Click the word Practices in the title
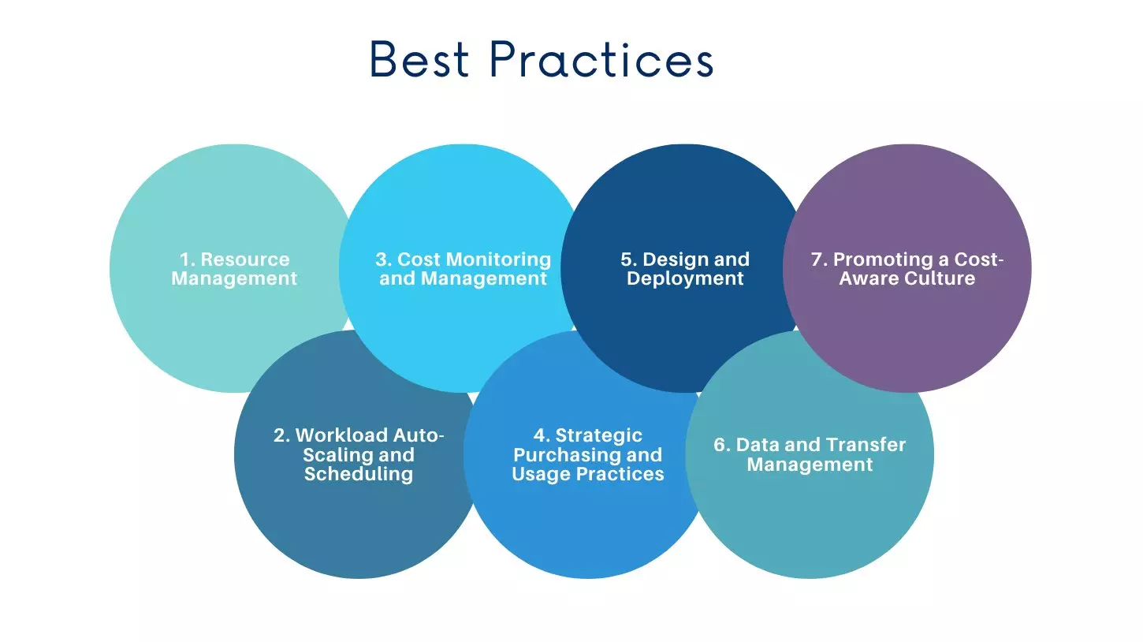(x=601, y=60)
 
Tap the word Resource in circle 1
(x=245, y=259)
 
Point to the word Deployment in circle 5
(x=685, y=278)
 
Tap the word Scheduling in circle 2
(x=359, y=474)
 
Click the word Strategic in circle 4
(x=598, y=435)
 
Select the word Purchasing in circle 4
(x=566, y=455)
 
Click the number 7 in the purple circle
(x=817, y=259)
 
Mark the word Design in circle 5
(x=669, y=259)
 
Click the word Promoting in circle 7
(x=873, y=259)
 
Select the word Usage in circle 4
(x=538, y=474)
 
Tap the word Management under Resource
(x=234, y=278)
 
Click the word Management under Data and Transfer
(x=810, y=465)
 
